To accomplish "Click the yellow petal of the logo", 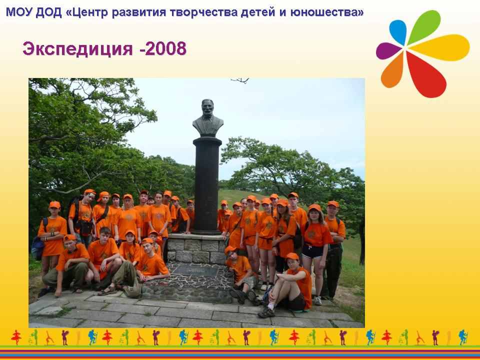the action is click(x=441, y=47).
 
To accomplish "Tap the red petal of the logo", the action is click(x=425, y=75).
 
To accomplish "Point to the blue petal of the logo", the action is click(x=398, y=31).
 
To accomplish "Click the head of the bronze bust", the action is click(x=207, y=108).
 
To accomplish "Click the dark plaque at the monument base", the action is click(x=195, y=270).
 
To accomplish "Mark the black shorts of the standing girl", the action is click(x=312, y=251).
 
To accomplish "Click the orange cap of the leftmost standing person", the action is click(x=55, y=204).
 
